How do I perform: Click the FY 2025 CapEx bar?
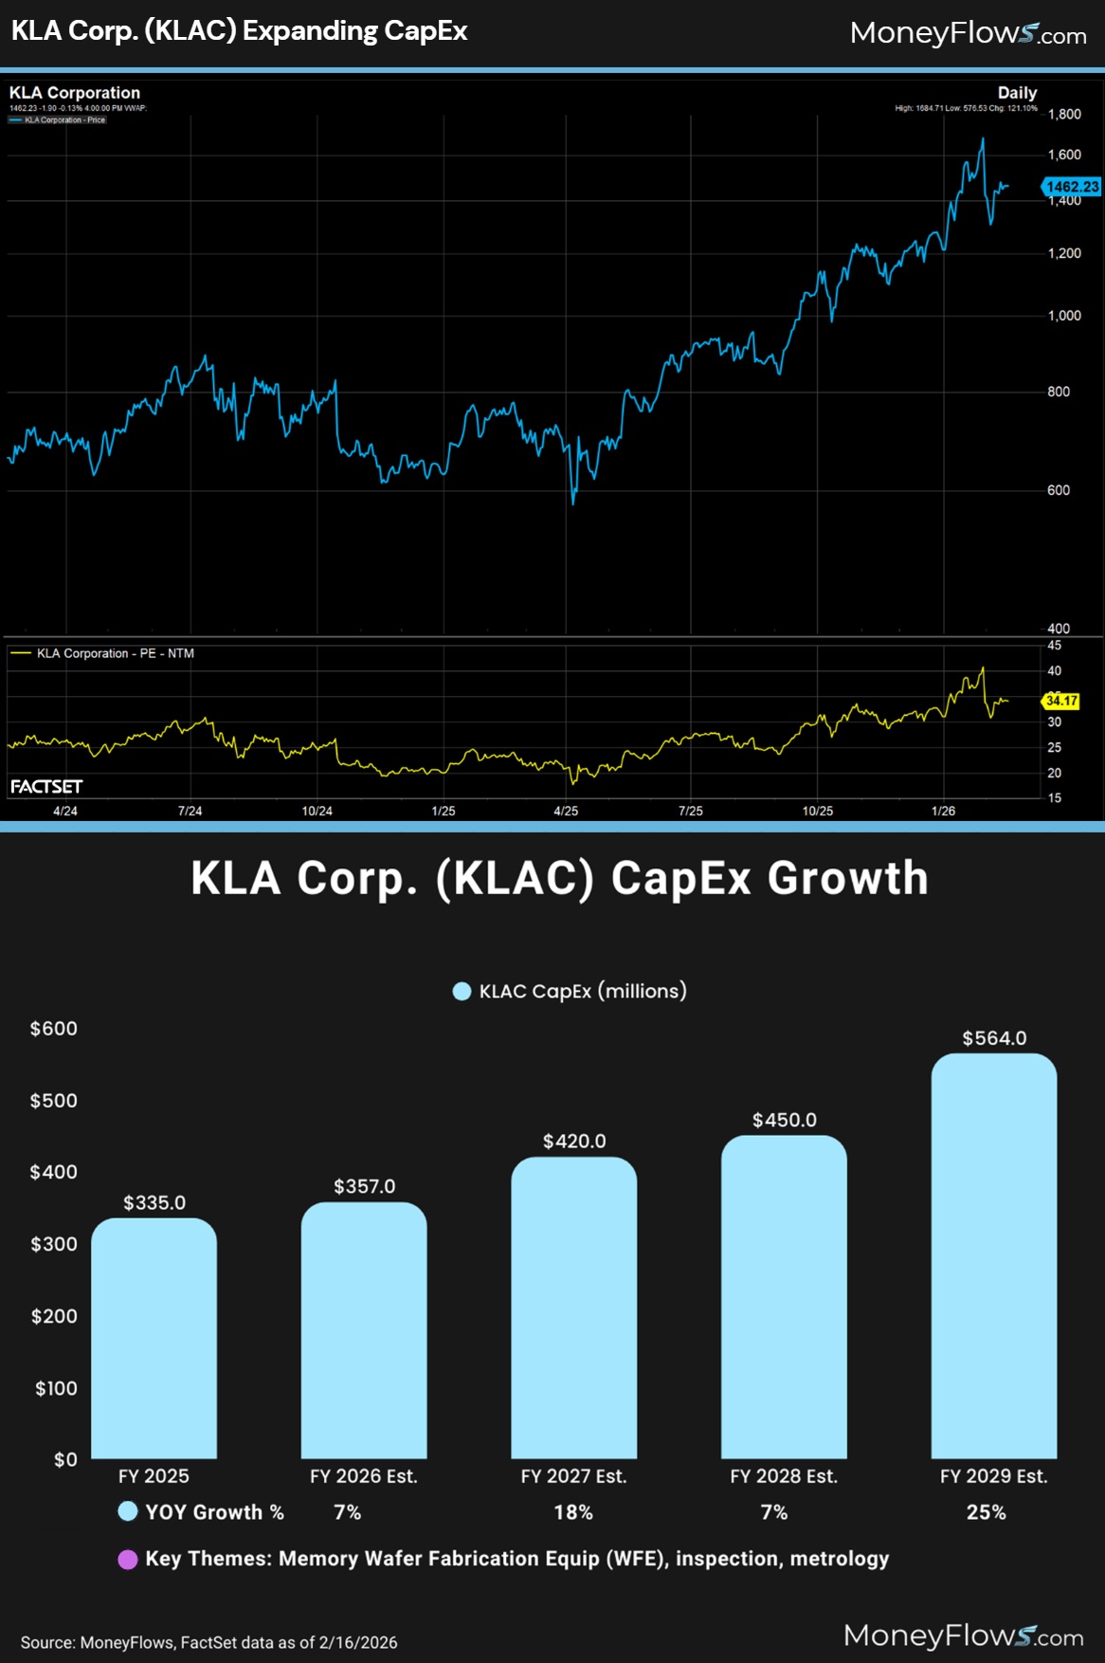coord(154,1338)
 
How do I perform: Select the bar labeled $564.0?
coord(993,1256)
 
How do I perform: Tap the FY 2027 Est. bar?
coord(573,1307)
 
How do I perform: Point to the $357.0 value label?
coord(364,1186)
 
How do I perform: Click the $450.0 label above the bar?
coord(784,1120)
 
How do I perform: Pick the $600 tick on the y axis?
coord(54,1029)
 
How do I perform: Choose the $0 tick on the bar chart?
coord(65,1459)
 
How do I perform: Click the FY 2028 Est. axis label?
coord(784,1476)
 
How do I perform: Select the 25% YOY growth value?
coord(986,1512)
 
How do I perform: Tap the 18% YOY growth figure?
coord(573,1512)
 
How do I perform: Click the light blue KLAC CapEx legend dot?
coord(462,992)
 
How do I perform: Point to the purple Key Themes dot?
coord(127,1560)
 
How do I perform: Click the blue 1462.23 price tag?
coord(1072,187)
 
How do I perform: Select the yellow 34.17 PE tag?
coord(1061,701)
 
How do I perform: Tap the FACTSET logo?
coord(46,787)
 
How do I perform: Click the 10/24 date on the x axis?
coord(317,811)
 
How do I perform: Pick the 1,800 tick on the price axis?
coord(1064,114)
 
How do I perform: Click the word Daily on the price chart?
coord(1017,93)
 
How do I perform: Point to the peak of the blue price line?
coord(983,138)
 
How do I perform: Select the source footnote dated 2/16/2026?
coord(208,1642)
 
